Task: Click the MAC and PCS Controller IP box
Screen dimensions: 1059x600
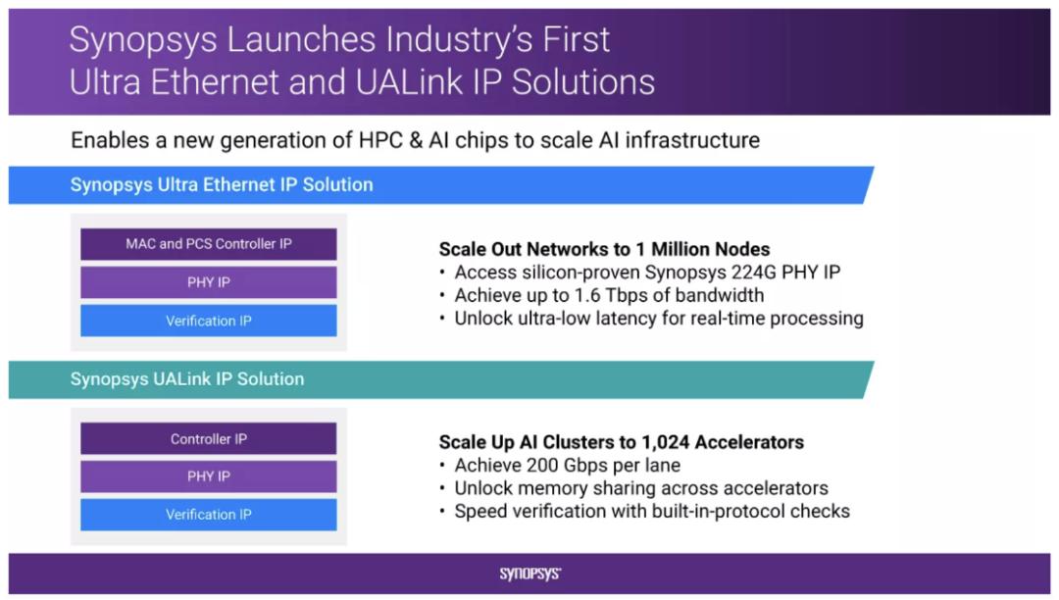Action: (209, 244)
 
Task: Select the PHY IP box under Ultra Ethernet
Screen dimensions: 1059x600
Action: (209, 282)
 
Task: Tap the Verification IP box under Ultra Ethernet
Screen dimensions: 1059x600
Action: (209, 321)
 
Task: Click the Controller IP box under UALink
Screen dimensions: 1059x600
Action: (209, 438)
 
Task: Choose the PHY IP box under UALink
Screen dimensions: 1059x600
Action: (209, 476)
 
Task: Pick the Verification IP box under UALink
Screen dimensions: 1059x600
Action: (209, 515)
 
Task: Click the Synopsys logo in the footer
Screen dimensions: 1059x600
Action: (530, 574)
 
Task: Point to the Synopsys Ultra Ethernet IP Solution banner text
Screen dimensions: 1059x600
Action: (222, 185)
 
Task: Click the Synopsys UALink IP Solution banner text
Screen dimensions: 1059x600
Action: (187, 379)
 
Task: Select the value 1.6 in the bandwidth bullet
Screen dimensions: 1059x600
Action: (587, 295)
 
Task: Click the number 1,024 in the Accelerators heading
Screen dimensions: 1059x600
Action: (665, 443)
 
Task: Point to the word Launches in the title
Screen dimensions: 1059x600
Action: (301, 39)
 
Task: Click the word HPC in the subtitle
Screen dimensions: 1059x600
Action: (380, 140)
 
